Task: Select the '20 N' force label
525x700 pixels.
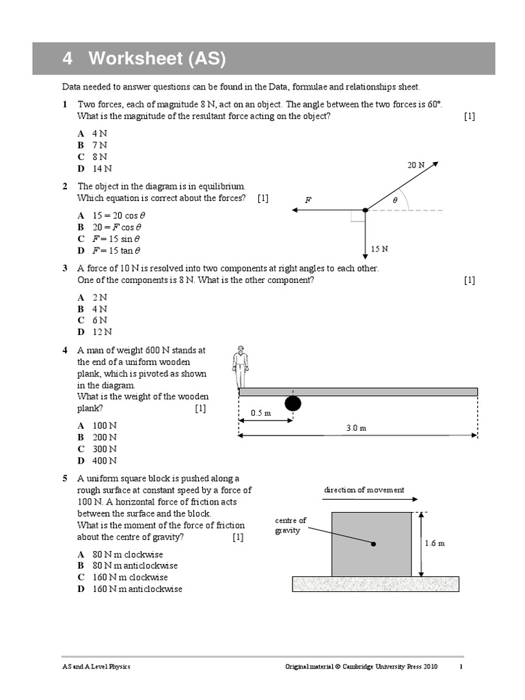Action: point(416,165)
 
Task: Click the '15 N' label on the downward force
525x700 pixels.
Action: point(379,249)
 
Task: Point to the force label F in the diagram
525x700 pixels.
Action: point(308,200)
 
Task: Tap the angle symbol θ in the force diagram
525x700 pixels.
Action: point(394,200)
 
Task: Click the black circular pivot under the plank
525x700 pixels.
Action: point(293,403)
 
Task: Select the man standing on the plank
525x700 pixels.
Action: point(239,366)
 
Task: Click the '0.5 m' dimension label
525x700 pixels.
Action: point(261,413)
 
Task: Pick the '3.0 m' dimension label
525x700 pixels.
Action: point(356,428)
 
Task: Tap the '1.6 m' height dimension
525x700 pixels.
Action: point(434,543)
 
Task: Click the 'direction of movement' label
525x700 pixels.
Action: point(364,490)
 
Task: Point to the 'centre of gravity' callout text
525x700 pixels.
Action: point(291,526)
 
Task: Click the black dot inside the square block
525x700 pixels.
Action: point(373,544)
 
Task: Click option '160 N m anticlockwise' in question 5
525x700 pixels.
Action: point(137,589)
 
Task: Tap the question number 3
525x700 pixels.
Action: point(64,268)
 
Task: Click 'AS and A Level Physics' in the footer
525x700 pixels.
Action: point(96,667)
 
